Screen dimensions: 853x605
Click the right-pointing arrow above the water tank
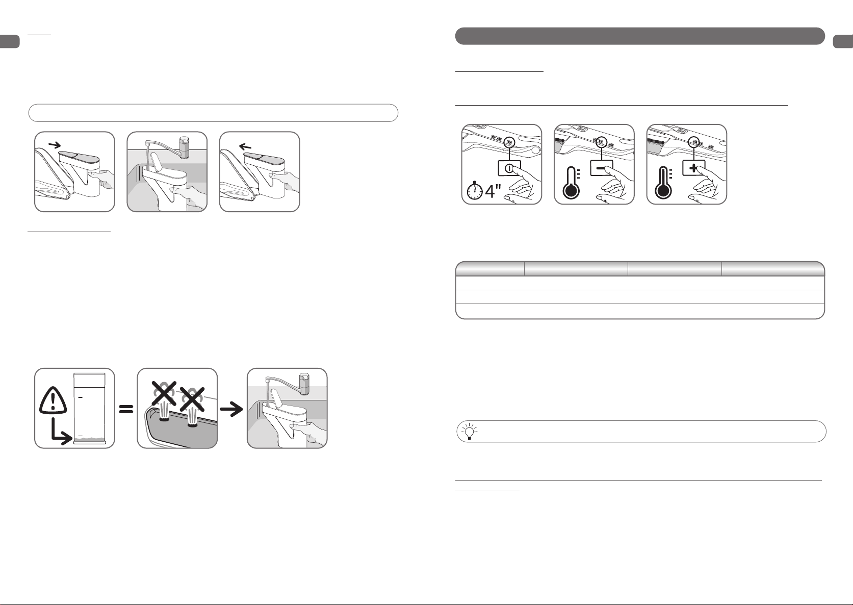coord(55,144)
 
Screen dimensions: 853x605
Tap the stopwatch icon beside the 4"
coord(475,190)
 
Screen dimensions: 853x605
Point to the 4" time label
coord(493,191)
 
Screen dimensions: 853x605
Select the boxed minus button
coord(602,168)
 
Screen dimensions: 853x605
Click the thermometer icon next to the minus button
coord(571,183)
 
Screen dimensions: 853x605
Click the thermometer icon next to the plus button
coord(663,183)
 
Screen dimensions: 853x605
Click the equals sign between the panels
coord(126,409)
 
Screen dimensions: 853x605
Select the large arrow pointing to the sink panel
coord(231,410)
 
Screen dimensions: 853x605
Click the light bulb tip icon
coord(470,431)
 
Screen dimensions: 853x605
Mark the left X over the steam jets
coord(164,393)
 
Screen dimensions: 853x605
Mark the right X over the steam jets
coord(192,399)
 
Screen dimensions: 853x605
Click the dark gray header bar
coord(640,36)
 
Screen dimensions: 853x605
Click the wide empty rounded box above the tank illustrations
coord(213,113)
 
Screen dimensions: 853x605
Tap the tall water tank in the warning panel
coord(90,409)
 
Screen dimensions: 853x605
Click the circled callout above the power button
coord(509,142)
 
